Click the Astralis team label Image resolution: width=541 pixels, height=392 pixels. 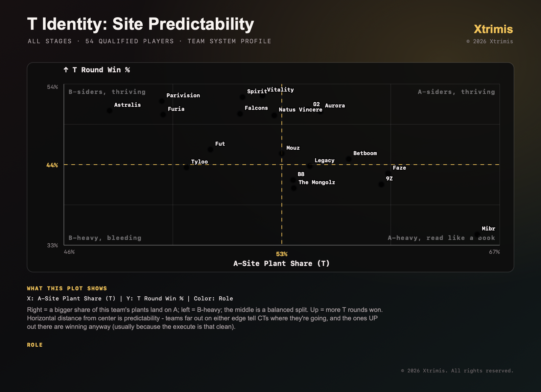[x=127, y=105]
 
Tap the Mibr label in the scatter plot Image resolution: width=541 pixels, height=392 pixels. [x=488, y=228]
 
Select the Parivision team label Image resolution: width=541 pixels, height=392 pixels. [x=183, y=95]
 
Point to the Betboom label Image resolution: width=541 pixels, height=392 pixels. [x=365, y=153]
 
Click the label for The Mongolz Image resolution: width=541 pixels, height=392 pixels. [x=316, y=182]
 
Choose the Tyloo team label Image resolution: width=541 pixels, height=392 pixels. [x=199, y=162]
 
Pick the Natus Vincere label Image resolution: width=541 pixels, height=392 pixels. [x=301, y=109]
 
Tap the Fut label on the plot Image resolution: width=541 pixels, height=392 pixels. [x=220, y=144]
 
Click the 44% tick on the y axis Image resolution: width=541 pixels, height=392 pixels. [x=52, y=165]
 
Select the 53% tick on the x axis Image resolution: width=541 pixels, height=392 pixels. [x=282, y=254]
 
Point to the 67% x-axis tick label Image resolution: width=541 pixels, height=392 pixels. [x=494, y=252]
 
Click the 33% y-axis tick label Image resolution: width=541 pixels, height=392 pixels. [x=52, y=245]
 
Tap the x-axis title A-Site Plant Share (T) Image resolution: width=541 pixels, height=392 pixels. [x=281, y=263]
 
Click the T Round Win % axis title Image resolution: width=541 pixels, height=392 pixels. [x=97, y=70]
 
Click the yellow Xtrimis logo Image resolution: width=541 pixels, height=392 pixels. [x=493, y=29]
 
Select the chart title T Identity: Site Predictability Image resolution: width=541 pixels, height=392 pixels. [x=140, y=24]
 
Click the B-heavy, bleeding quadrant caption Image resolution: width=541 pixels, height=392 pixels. [x=105, y=238]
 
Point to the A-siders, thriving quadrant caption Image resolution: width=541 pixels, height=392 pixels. [x=456, y=92]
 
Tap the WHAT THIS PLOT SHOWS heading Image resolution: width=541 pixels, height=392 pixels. [x=67, y=288]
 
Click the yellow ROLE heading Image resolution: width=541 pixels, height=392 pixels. [x=35, y=345]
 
